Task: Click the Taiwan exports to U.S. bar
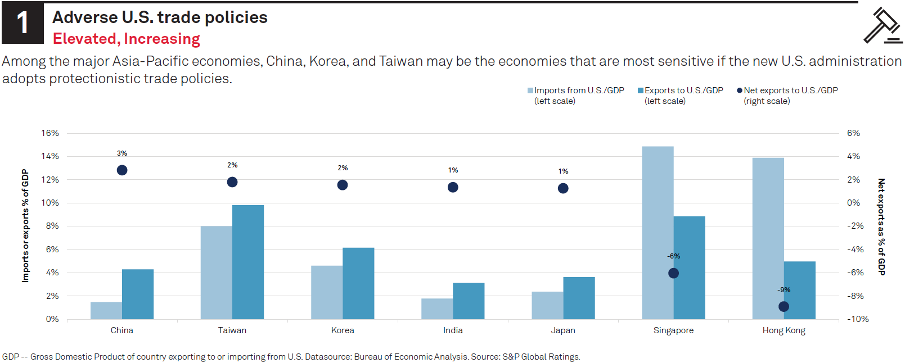[248, 262]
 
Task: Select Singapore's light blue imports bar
[658, 233]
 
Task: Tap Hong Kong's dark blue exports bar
[799, 290]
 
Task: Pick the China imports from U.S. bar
[106, 311]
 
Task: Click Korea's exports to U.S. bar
[358, 283]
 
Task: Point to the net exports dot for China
[122, 170]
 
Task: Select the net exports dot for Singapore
[673, 273]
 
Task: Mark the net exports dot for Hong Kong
[784, 307]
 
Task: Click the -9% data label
[784, 290]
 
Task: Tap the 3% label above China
[122, 153]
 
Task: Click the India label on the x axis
[453, 330]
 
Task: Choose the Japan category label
[563, 330]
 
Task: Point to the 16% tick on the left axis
[50, 133]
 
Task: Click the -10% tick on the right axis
[858, 319]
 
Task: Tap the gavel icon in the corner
[883, 25]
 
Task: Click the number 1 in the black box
[22, 24]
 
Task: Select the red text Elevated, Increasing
[127, 39]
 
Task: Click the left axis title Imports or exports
[25, 225]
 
